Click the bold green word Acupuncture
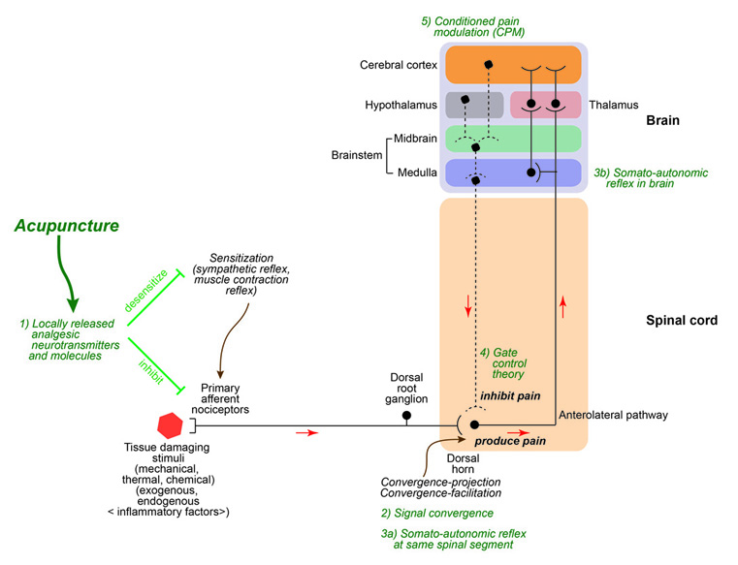[67, 226]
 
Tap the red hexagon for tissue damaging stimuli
[171, 424]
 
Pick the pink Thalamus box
[545, 104]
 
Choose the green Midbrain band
[512, 140]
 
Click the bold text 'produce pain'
[510, 441]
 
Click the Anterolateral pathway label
[613, 416]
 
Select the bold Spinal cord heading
[681, 320]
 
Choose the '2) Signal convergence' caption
[436, 513]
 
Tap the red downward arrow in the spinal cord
[469, 309]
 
